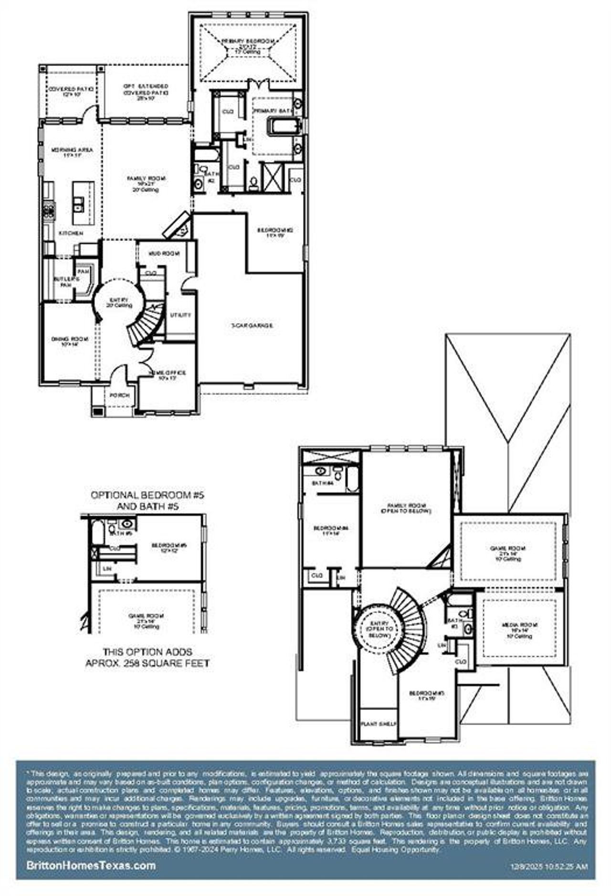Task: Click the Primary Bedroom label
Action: click(x=248, y=44)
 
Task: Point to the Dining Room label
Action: click(x=70, y=341)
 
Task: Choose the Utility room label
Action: click(x=180, y=315)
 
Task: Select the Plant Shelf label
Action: click(x=379, y=723)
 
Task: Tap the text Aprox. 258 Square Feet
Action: click(x=147, y=663)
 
